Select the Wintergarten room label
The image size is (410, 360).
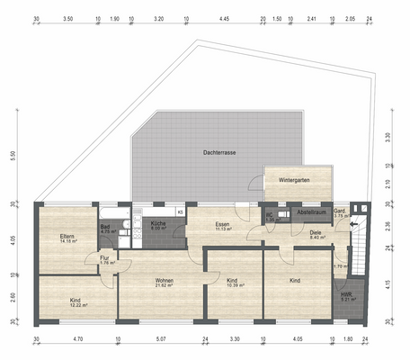point(295,180)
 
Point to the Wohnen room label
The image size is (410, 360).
point(164,281)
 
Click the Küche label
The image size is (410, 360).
point(157,224)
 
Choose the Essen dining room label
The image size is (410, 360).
point(224,224)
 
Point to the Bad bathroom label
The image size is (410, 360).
point(104,228)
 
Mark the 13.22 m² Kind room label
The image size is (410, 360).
point(76,301)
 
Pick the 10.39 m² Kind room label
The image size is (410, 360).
point(232,281)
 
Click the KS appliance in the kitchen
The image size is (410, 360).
point(180,212)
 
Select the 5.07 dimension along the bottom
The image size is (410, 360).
point(161,341)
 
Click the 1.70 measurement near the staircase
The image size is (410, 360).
point(340,266)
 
